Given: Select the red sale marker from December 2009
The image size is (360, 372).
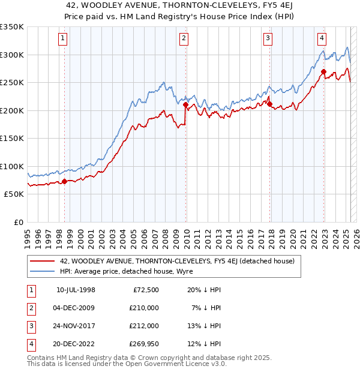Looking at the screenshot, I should (185, 105).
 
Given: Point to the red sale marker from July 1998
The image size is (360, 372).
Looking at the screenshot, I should (64, 181).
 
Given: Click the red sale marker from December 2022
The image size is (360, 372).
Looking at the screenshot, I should (323, 72).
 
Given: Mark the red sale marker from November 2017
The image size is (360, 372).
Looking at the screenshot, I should (270, 104).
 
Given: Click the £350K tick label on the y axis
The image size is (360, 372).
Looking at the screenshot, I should (12, 27).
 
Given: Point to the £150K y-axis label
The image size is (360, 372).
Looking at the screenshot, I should (12, 139).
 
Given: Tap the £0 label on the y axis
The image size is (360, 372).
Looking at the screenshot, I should (19, 222).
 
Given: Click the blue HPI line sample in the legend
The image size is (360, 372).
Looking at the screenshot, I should (43, 271).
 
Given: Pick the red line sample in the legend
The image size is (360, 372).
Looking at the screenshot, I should (43, 261).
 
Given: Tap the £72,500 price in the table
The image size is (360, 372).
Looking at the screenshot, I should (144, 290).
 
